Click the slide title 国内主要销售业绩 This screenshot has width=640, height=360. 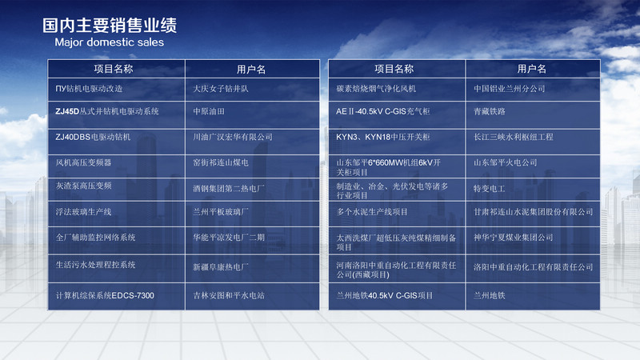[110, 26]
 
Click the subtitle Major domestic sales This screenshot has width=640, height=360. [109, 42]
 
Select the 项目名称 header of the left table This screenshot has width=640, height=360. [114, 69]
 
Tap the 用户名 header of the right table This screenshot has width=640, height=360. [532, 69]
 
